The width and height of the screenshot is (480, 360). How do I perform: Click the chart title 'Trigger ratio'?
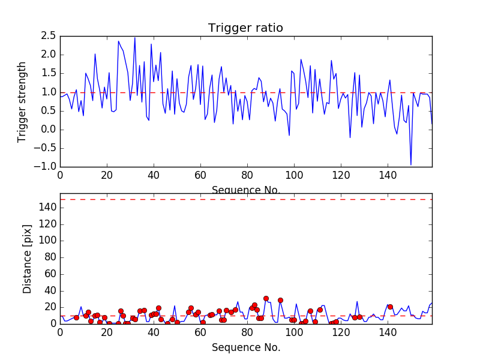(x=245, y=28)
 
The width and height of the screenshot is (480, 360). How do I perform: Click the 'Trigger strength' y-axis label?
(x=23, y=101)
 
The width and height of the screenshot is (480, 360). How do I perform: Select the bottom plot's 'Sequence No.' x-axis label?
(x=246, y=347)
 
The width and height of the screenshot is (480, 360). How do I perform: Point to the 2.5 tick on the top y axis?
(x=48, y=36)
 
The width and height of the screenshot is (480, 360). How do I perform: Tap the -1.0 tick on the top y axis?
(x=45, y=167)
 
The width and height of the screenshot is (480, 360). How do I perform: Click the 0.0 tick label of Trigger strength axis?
(x=48, y=130)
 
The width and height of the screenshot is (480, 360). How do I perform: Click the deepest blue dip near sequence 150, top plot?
(x=411, y=164)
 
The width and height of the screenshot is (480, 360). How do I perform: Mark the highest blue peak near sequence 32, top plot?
(x=135, y=38)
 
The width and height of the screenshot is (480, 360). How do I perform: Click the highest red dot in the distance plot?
(x=266, y=298)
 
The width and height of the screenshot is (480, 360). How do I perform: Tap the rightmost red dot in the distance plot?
(x=390, y=307)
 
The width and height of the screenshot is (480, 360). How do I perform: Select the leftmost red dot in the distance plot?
(x=76, y=317)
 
